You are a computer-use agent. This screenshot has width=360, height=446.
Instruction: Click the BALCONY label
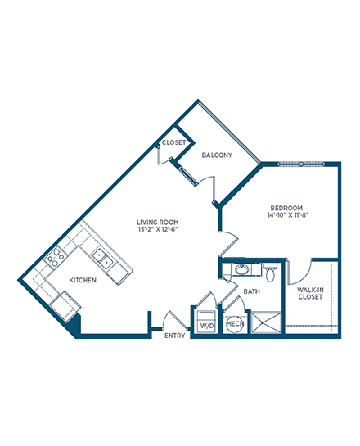pyautogui.click(x=217, y=155)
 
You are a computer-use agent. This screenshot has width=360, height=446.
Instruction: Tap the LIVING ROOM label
pyautogui.click(x=158, y=222)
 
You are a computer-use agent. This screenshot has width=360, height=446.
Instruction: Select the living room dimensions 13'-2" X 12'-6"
pyautogui.click(x=158, y=229)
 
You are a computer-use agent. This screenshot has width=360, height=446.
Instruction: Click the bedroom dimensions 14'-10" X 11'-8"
pyautogui.click(x=288, y=215)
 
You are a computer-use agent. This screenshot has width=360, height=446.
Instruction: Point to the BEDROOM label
pyautogui.click(x=286, y=208)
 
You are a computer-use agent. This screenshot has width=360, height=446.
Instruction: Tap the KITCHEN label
pyautogui.click(x=83, y=280)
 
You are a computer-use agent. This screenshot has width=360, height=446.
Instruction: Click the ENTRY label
pyautogui.click(x=175, y=336)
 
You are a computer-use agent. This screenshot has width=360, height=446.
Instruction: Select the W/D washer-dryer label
pyautogui.click(x=207, y=326)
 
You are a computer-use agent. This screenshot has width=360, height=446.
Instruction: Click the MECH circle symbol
pyautogui.click(x=235, y=324)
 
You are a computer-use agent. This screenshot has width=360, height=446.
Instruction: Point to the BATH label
pyautogui.click(x=252, y=291)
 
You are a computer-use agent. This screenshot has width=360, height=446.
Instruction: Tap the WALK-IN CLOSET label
pyautogui.click(x=310, y=293)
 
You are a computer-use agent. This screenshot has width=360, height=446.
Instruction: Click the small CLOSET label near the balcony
pyautogui.click(x=173, y=142)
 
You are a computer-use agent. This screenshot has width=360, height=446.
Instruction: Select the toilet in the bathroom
pyautogui.click(x=270, y=273)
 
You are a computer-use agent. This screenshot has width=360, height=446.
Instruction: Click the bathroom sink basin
pyautogui.click(x=242, y=270)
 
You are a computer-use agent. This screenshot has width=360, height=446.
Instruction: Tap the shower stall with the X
pyautogui.click(x=267, y=322)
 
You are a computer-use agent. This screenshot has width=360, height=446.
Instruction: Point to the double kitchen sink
pyautogui.click(x=102, y=258)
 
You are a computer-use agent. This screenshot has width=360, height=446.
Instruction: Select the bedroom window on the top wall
pyautogui.click(x=301, y=164)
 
